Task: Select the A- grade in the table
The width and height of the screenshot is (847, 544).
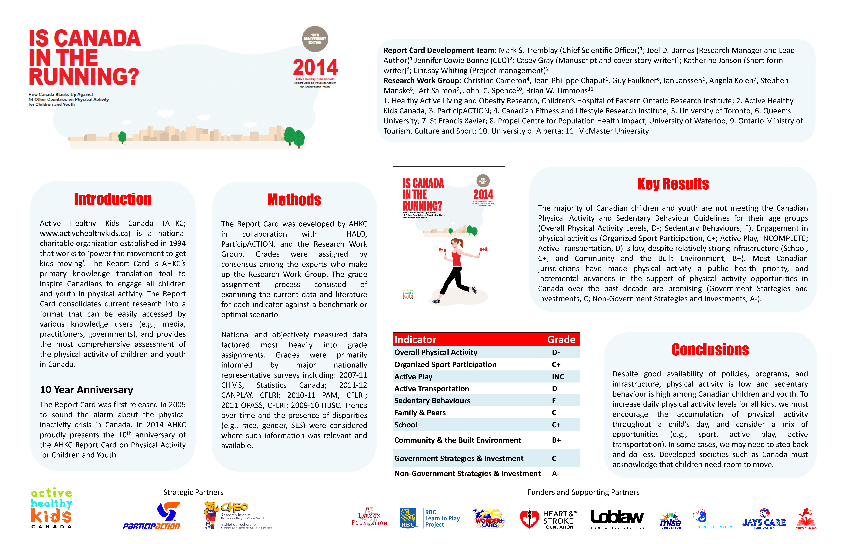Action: tap(556, 473)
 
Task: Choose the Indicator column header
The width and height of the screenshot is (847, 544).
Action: tap(415, 340)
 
